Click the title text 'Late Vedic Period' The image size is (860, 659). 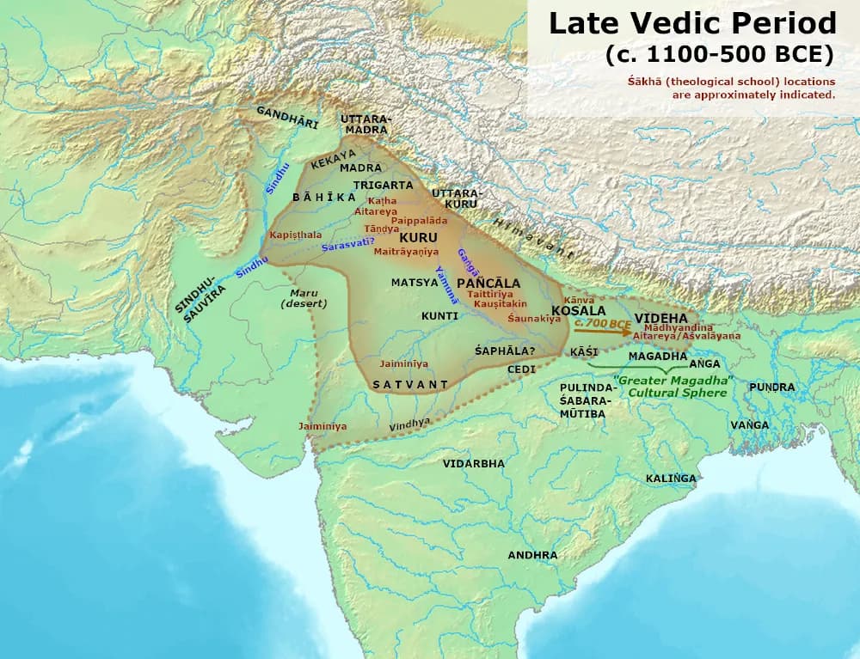tap(691, 23)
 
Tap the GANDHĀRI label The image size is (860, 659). tap(287, 118)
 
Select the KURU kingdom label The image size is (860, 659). tap(419, 237)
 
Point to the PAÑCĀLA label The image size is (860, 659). tap(488, 283)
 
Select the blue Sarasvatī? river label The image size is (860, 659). tap(348, 246)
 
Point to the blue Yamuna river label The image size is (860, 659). tap(446, 284)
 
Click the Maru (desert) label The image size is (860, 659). tap(304, 298)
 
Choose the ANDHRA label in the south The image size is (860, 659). tap(532, 555)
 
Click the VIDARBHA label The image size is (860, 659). tap(474, 463)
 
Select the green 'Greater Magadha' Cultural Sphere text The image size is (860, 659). tap(672, 386)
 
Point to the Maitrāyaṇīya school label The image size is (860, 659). tap(406, 252)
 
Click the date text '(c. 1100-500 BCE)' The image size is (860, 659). tap(719, 54)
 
